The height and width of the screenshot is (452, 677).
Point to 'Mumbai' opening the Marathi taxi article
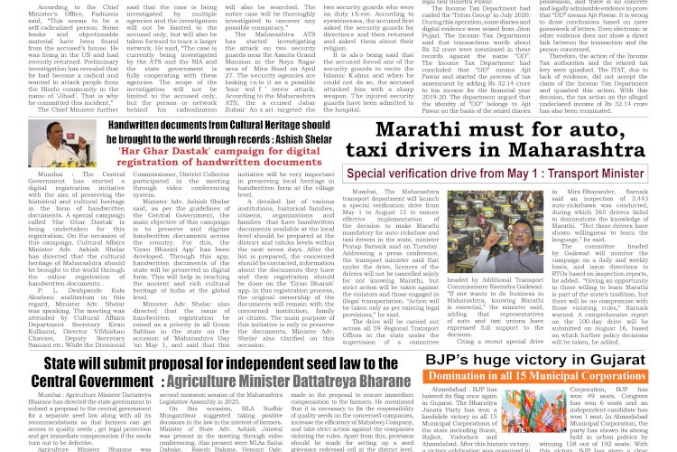coord(370,193)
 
